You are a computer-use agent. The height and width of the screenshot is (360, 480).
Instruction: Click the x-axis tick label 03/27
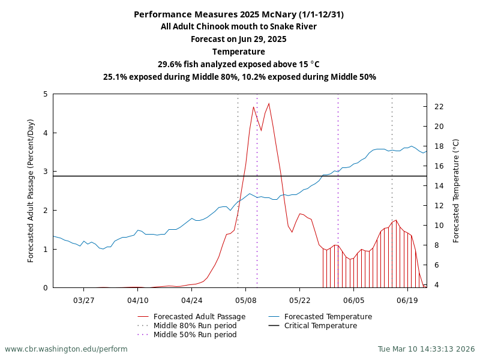tap(84, 299)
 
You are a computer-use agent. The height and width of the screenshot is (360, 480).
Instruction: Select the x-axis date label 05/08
tap(246, 299)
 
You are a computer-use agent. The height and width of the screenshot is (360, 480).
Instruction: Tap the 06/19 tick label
tap(407, 299)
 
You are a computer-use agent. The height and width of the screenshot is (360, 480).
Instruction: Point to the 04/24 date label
tap(191, 299)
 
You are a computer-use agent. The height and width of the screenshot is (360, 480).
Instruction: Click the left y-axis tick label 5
tap(46, 94)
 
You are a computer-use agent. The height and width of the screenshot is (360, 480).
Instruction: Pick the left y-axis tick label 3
tap(46, 172)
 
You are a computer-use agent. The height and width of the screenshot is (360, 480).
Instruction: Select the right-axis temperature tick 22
tap(439, 107)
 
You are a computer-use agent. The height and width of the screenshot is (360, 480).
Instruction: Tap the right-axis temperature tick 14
tap(439, 186)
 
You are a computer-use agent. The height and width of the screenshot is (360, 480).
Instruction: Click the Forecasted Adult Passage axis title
tap(31, 191)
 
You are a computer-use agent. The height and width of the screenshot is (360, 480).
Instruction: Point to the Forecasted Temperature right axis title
tap(456, 191)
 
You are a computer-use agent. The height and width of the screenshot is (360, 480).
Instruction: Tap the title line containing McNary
tap(239, 14)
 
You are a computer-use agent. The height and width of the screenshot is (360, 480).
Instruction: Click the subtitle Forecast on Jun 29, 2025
tap(239, 39)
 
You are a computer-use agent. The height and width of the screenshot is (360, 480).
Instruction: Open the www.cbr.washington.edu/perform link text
tap(66, 349)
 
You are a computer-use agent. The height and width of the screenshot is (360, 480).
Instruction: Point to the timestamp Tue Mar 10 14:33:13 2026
tap(426, 349)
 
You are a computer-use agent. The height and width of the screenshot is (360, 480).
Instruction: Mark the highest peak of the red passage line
tap(269, 103)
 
